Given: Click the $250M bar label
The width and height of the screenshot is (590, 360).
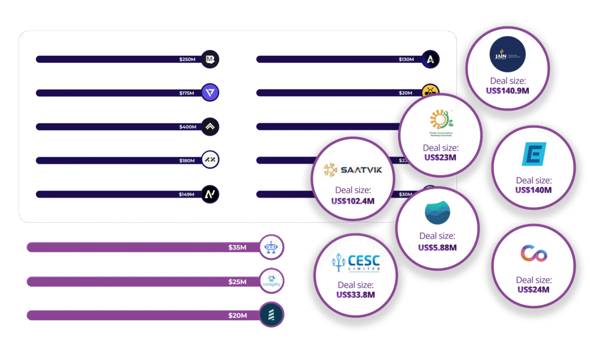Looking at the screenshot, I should [187, 59].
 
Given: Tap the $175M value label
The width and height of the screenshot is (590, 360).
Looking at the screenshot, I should [187, 93].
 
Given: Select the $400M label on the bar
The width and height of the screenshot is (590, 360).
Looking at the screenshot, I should [187, 127].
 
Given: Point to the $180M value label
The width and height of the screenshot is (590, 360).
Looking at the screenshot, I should [187, 161].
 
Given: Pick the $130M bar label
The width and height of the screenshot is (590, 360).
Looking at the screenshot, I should [406, 59].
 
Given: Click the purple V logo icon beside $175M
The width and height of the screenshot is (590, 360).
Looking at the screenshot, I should [211, 93].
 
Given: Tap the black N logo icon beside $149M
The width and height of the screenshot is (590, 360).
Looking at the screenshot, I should [211, 194].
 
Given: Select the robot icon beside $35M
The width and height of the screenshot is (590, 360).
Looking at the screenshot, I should [271, 247].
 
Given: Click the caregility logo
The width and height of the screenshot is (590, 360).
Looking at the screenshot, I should [271, 281].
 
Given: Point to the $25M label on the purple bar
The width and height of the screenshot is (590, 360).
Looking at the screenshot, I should [237, 282].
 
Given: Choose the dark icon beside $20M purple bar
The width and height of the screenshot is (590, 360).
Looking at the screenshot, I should [271, 315].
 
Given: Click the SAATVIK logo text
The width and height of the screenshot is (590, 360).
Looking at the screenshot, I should [352, 170].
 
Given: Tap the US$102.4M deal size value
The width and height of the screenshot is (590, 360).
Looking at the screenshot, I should [353, 201].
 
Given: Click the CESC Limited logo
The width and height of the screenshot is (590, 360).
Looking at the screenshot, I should [356, 263].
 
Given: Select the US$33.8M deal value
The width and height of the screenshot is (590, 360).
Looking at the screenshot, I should [355, 295].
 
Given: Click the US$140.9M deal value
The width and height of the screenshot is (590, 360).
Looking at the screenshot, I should [508, 91].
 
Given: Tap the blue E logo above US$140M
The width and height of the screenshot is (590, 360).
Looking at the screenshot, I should [533, 154].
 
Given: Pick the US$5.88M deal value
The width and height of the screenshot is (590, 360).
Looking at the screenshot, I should [437, 247].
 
